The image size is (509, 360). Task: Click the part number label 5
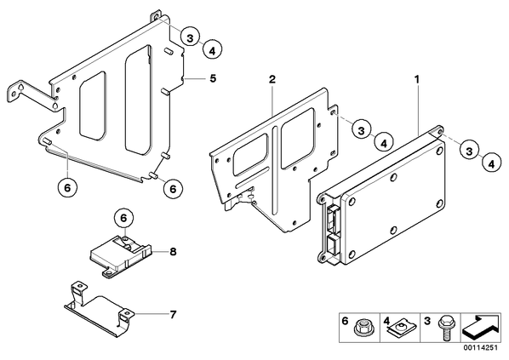[x=213, y=78]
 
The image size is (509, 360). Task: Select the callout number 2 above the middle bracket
[x=272, y=79]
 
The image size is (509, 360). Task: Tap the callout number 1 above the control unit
[x=417, y=79]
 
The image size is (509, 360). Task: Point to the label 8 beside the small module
[x=173, y=251]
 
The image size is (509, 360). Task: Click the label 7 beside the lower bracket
[x=173, y=314]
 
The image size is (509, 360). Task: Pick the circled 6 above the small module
[x=123, y=218]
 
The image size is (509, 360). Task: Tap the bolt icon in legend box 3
[x=443, y=329]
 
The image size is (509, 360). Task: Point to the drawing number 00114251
[x=480, y=348]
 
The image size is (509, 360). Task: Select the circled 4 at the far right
[x=492, y=163]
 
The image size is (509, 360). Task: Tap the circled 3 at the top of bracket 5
[x=190, y=38]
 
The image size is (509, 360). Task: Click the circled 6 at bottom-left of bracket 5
[x=67, y=187]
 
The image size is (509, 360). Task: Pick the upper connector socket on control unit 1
[x=333, y=217]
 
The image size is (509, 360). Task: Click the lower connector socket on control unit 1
[x=333, y=245]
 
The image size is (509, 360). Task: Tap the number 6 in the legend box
[x=345, y=322]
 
